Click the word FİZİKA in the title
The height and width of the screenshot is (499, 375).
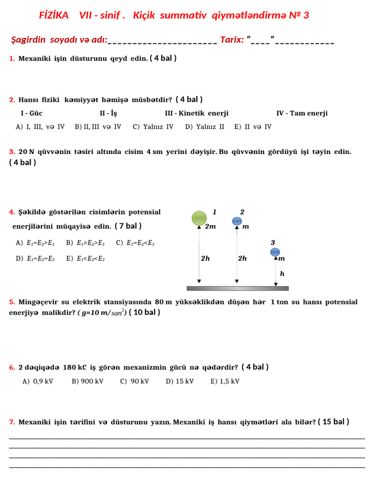pyautogui.click(x=54, y=16)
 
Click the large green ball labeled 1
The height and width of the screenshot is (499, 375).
pyautogui.click(x=199, y=218)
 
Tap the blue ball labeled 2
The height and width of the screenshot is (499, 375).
pyautogui.click(x=237, y=221)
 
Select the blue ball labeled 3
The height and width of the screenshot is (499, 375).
pyautogui.click(x=275, y=252)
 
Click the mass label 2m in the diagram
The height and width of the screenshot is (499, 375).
pyautogui.click(x=210, y=227)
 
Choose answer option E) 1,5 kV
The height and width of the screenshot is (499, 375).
pyautogui.click(x=225, y=381)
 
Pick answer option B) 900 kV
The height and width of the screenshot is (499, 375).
pyautogui.click(x=87, y=381)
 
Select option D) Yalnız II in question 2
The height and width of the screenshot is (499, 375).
pyautogui.click(x=205, y=127)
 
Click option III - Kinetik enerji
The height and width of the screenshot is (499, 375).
pyautogui.click(x=197, y=113)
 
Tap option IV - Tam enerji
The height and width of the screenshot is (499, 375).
pyautogui.click(x=302, y=113)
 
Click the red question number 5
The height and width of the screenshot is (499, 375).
pyautogui.click(x=12, y=302)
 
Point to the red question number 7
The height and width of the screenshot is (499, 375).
pyautogui.click(x=12, y=422)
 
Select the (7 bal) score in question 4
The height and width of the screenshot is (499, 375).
pyautogui.click(x=128, y=226)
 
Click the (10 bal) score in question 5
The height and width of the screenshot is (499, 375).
pyautogui.click(x=145, y=312)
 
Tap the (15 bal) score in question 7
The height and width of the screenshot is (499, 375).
pyautogui.click(x=333, y=422)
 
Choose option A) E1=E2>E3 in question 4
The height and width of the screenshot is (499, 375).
pyautogui.click(x=35, y=243)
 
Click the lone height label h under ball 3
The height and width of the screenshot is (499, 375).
pyautogui.click(x=282, y=274)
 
